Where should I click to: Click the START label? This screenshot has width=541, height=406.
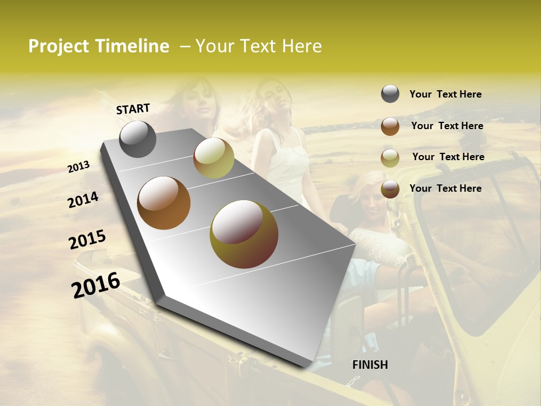(133, 109)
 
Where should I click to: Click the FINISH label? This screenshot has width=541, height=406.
(370, 365)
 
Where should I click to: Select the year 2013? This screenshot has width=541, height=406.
(79, 166)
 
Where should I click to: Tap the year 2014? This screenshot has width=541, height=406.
(83, 200)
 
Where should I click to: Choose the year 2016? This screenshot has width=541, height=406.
(96, 285)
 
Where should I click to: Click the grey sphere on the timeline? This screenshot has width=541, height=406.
(138, 139)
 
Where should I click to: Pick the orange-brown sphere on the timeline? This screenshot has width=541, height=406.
(164, 203)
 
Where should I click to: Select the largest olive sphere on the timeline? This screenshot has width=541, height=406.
(244, 234)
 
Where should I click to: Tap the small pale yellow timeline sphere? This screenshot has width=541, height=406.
(214, 157)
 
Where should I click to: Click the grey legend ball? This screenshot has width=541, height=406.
(390, 94)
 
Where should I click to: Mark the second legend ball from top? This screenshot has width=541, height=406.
(390, 126)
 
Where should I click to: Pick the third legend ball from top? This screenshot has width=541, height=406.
(390, 158)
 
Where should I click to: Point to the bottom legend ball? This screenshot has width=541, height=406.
(390, 189)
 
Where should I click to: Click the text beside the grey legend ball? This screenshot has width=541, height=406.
(445, 94)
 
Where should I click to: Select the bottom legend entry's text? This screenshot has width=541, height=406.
(445, 188)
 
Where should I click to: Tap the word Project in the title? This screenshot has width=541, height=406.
(58, 46)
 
